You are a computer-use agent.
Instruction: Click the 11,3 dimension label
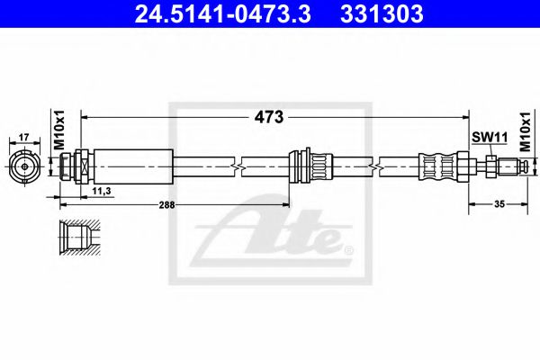[x=100, y=192]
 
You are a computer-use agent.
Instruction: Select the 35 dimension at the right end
[x=499, y=205]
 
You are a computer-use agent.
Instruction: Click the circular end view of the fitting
[x=24, y=166]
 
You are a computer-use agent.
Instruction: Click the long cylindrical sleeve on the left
[x=132, y=166]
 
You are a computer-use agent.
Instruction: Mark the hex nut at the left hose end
[x=80, y=166]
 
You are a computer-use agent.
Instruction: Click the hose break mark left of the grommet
[x=237, y=166]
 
